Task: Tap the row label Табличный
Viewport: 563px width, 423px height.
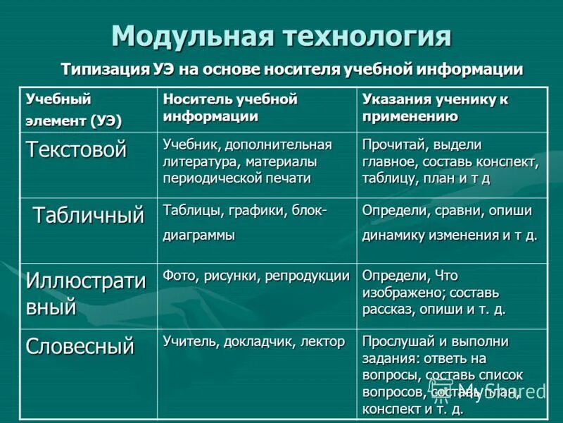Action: [x=88, y=215]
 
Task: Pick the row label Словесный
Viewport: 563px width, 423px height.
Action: [x=80, y=346]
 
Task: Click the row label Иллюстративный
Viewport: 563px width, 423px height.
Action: [x=85, y=293]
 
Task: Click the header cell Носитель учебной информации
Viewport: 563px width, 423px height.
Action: [x=230, y=108]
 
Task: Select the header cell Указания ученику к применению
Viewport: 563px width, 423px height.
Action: [x=434, y=108]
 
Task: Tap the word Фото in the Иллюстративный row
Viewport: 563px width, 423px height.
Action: [x=177, y=275]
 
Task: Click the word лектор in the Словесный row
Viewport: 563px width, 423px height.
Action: [x=322, y=341]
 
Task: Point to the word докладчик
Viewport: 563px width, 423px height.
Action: [x=260, y=341]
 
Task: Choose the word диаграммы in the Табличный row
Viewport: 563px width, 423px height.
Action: [x=199, y=235]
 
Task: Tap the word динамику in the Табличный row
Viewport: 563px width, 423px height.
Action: [x=392, y=235]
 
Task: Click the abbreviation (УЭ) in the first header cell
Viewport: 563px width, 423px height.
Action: [x=105, y=121]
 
